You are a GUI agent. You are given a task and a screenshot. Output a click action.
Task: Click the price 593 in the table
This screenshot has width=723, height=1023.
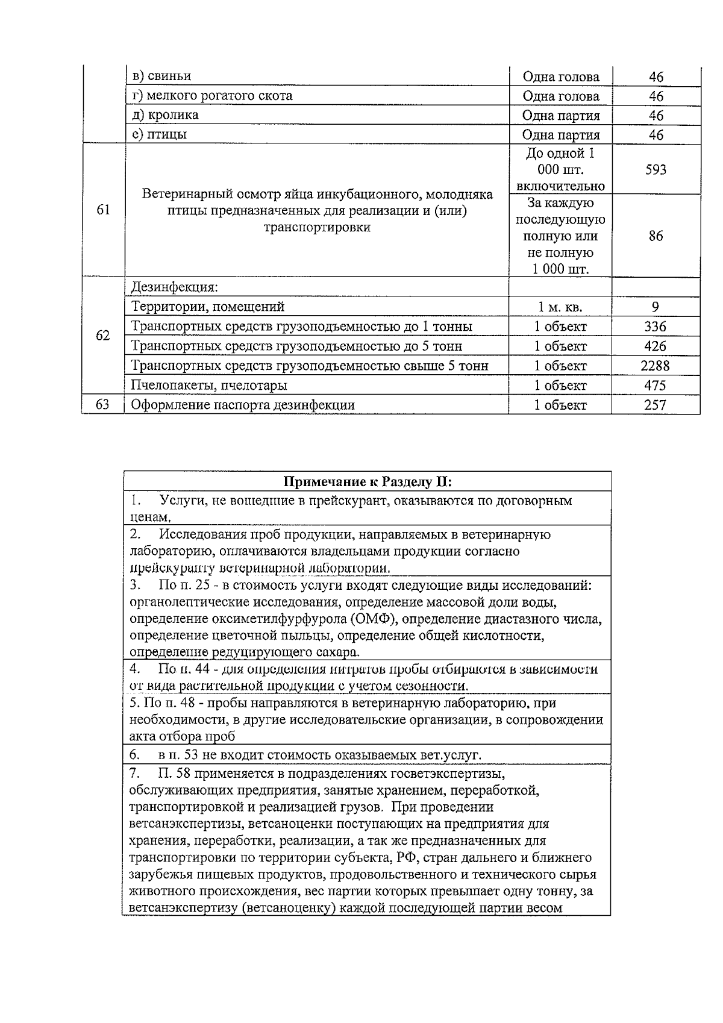click(656, 170)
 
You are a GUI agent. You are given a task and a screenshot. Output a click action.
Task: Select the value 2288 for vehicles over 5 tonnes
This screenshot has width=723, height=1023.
click(655, 366)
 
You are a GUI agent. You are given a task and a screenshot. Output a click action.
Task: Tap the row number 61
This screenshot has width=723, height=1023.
click(103, 210)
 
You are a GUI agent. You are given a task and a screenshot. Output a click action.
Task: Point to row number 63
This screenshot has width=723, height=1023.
click(102, 405)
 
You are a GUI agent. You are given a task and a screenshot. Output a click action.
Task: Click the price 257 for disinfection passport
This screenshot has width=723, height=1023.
click(655, 405)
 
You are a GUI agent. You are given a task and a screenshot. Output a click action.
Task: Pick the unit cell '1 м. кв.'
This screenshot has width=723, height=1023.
click(560, 307)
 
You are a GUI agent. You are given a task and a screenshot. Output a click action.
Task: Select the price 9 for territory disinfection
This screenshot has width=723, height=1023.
click(656, 307)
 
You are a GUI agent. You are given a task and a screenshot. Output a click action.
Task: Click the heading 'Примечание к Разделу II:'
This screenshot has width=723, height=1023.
click(368, 482)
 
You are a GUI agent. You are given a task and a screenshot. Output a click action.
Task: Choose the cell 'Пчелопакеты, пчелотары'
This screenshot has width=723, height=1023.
click(209, 385)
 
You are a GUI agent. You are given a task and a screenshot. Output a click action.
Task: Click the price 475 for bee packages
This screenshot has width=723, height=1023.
click(655, 385)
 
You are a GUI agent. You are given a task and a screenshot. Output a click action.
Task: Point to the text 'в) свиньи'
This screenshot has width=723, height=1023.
click(161, 76)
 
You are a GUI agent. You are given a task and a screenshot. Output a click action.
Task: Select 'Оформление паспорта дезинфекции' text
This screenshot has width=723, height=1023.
click(243, 405)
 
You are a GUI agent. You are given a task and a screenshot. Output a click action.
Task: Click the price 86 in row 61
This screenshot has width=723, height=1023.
click(656, 236)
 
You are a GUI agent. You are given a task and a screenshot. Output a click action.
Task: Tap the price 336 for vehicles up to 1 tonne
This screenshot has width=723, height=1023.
click(655, 327)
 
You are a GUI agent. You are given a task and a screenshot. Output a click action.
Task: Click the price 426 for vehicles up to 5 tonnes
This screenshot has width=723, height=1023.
click(655, 346)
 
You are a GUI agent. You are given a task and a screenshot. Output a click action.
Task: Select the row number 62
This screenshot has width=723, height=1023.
click(103, 336)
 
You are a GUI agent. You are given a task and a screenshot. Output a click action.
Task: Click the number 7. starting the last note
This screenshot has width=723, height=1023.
click(135, 773)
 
